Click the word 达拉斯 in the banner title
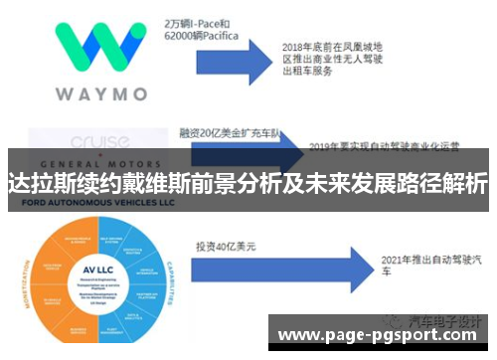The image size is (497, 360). (37, 184)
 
